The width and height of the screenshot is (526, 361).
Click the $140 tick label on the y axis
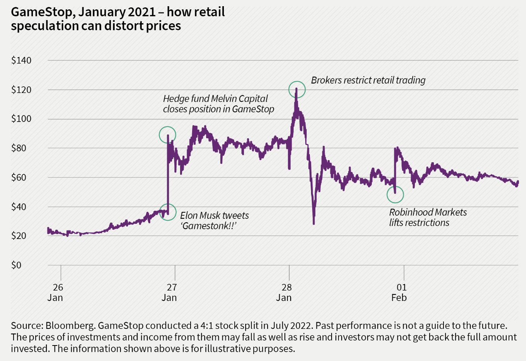(21, 60)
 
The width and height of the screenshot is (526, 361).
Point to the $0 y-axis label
(16, 265)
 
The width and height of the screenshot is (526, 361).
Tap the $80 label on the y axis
(21, 148)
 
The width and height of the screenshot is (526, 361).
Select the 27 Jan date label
(169, 292)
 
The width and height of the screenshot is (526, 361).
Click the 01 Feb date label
(399, 292)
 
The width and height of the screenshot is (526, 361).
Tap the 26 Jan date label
(55, 292)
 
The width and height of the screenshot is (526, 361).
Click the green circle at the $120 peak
(297, 90)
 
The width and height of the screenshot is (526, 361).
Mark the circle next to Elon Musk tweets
(168, 212)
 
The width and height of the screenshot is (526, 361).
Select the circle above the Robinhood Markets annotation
(395, 194)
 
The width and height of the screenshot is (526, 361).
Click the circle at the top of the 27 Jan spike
(167, 135)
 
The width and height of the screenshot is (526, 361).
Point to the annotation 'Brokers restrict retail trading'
(368, 80)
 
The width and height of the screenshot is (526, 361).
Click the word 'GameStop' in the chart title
(41, 12)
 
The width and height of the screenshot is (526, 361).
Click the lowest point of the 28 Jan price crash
(314, 223)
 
